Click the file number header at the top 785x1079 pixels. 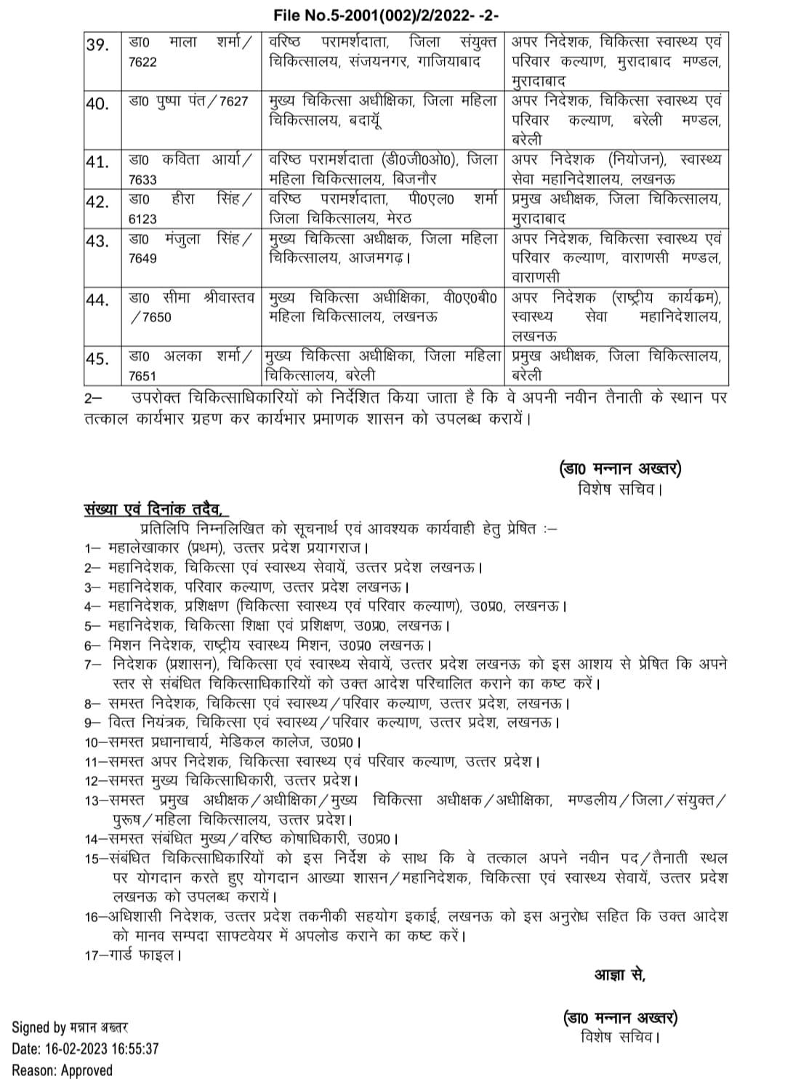[385, 15]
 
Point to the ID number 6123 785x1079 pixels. [142, 218]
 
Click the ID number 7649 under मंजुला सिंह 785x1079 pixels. [142, 258]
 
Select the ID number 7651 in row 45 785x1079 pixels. [142, 376]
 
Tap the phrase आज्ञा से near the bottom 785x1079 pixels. [620, 975]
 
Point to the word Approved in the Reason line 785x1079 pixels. [86, 1070]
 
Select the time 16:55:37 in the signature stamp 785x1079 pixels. [134, 1048]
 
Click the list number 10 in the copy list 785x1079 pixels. [92, 742]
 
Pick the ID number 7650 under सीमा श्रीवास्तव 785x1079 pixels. [155, 318]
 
